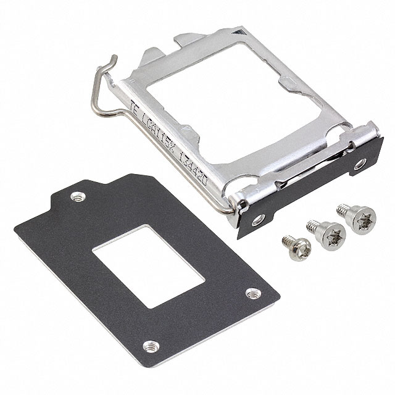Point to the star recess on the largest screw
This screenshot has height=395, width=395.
(352, 220)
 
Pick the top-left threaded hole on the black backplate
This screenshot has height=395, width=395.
(77, 197)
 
